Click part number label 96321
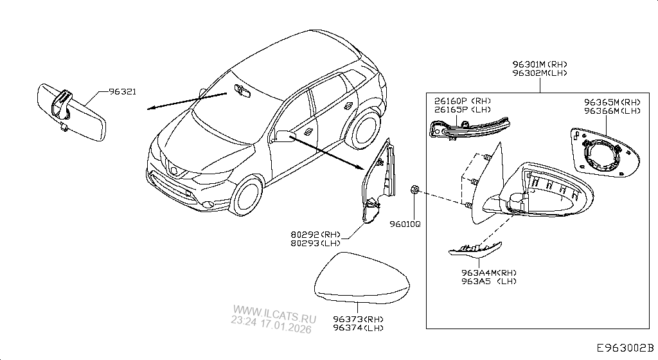pos(121,93)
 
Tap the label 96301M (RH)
pos(540,64)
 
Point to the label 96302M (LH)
pos(540,73)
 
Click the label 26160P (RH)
pos(462,101)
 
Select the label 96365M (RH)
pos(612,102)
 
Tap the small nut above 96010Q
pos(414,190)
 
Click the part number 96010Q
pos(405,224)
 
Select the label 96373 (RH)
pos(358,319)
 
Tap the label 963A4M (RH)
pos(488,273)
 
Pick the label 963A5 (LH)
pos(488,281)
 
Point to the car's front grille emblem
pos(173,170)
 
